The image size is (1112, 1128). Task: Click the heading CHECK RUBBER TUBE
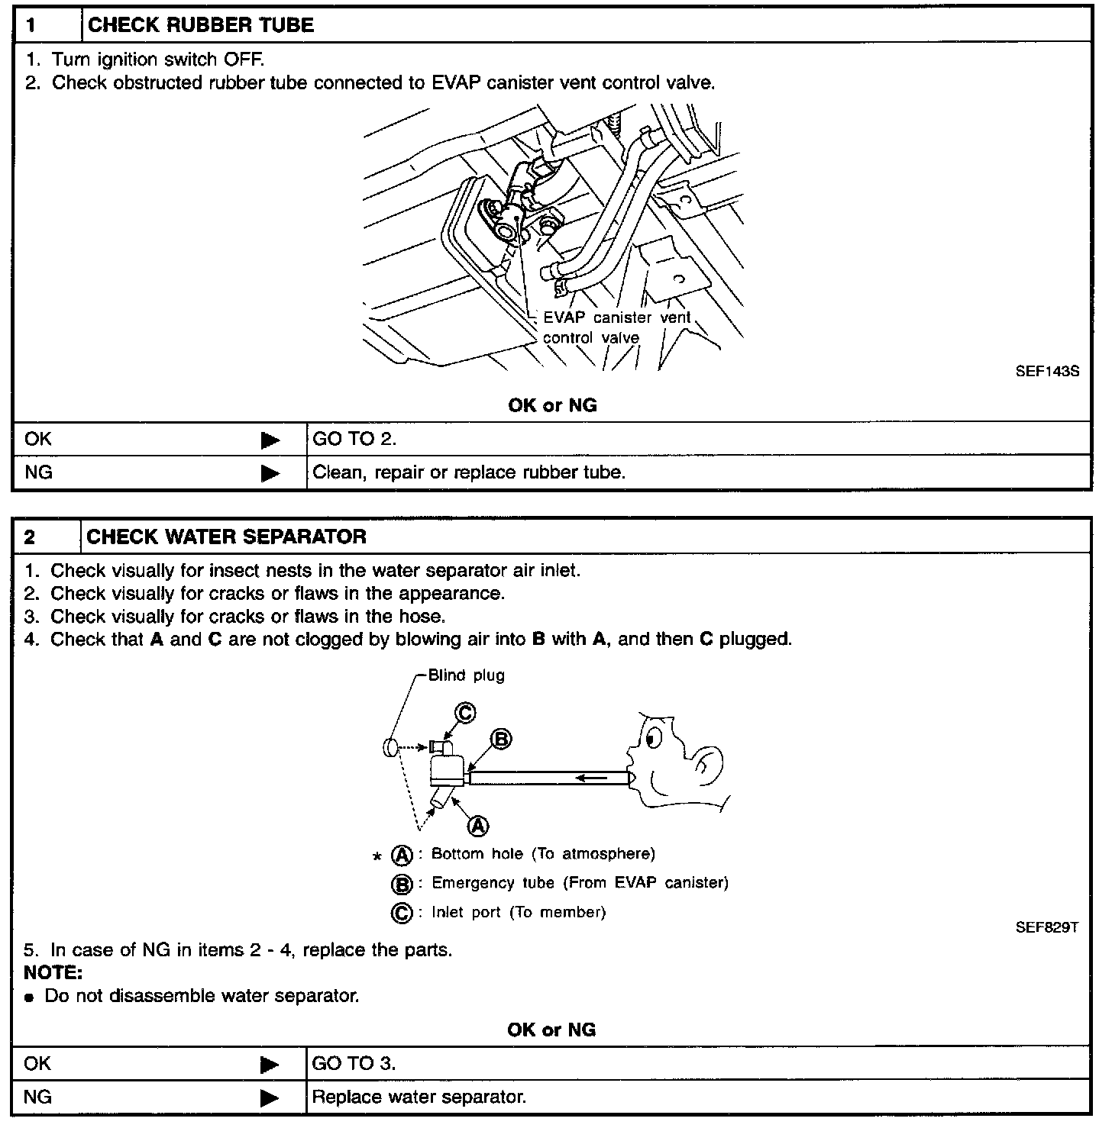point(201,25)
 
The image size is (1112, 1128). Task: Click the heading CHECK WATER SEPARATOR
point(226,537)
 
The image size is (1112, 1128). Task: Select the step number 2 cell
point(46,537)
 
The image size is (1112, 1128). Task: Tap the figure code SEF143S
point(1046,372)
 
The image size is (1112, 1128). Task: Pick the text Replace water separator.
point(419,1097)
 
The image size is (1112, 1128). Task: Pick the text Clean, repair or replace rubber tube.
point(469,472)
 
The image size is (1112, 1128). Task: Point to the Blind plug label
point(466,675)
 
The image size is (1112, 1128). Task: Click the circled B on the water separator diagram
point(500,739)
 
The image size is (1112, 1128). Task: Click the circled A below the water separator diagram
point(478,825)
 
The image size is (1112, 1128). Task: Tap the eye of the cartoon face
point(651,739)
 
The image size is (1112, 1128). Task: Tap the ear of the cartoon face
point(710,763)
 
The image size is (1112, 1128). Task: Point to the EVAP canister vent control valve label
point(616,327)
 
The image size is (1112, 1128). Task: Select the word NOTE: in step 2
point(53,973)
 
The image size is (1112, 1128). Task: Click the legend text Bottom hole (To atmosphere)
point(543,853)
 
